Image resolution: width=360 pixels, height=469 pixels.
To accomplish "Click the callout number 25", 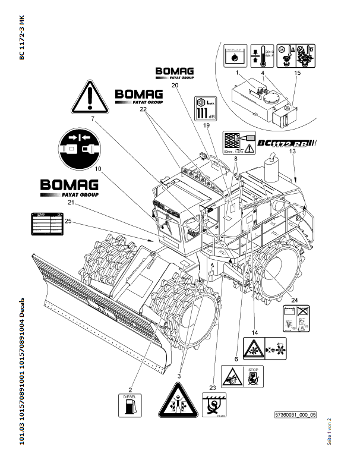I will click(x=68, y=221).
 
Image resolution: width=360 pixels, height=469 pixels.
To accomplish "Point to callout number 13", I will click(x=292, y=152).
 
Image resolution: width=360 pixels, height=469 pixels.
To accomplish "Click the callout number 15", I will click(x=298, y=73).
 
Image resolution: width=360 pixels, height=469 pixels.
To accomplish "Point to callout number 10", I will click(x=97, y=168).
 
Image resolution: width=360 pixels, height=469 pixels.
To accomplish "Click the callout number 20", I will click(x=175, y=85).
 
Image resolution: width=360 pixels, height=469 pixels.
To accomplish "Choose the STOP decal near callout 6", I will click(x=253, y=376).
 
